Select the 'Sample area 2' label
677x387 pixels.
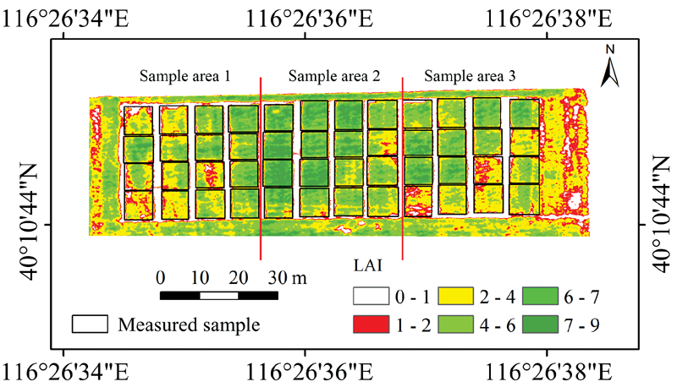pos(333,76)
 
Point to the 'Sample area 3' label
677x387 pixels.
pos(470,76)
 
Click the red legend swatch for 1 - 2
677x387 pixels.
pos(370,323)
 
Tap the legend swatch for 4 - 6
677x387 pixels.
pos(456,323)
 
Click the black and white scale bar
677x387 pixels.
pos(219,296)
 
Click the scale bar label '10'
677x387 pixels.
pos(200,278)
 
